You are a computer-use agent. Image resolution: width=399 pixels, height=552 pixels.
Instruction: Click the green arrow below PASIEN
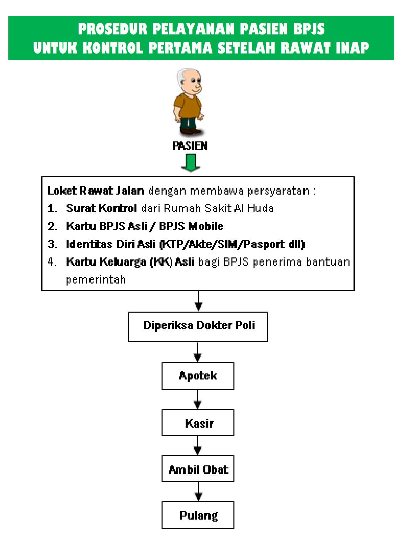191,162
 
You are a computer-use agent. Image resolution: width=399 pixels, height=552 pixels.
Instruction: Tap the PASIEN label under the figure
190,146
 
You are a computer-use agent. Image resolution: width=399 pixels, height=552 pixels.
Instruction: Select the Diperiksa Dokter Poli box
198,326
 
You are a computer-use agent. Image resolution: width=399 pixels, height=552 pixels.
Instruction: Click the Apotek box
198,376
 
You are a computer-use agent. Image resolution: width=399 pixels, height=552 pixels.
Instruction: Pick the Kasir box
198,423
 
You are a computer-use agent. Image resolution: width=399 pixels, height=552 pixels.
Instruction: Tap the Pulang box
198,515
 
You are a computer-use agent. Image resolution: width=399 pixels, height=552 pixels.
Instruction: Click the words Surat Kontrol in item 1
101,208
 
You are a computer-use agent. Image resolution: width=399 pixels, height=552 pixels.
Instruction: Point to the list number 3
52,244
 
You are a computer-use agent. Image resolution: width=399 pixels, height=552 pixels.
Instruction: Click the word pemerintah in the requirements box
96,280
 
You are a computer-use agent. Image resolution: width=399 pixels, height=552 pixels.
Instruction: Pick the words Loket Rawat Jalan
96,191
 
